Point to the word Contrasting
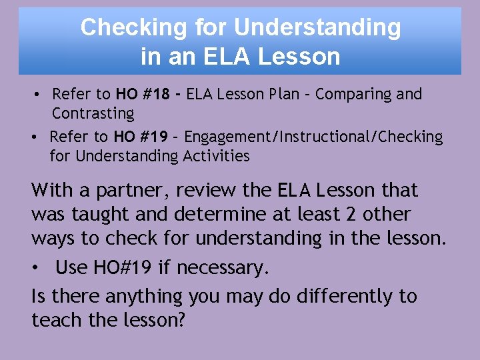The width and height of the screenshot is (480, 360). coord(93,114)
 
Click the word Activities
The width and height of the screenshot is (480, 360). coord(215,157)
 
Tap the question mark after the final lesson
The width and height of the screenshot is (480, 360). coord(181,320)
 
